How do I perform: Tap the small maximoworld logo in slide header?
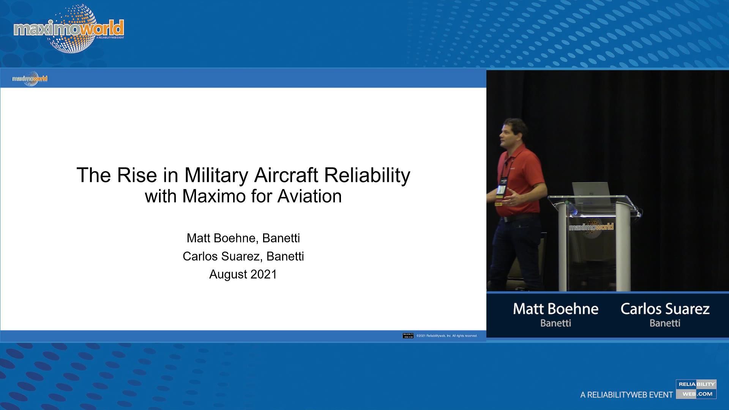30,79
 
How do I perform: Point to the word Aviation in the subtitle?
309,196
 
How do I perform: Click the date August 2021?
243,274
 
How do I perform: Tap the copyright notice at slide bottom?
447,336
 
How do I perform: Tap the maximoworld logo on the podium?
591,227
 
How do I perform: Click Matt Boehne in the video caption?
555,309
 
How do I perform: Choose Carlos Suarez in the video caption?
665,309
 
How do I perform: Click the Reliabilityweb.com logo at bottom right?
696,389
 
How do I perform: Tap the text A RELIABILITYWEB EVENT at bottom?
626,395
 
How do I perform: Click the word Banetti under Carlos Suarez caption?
665,323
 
